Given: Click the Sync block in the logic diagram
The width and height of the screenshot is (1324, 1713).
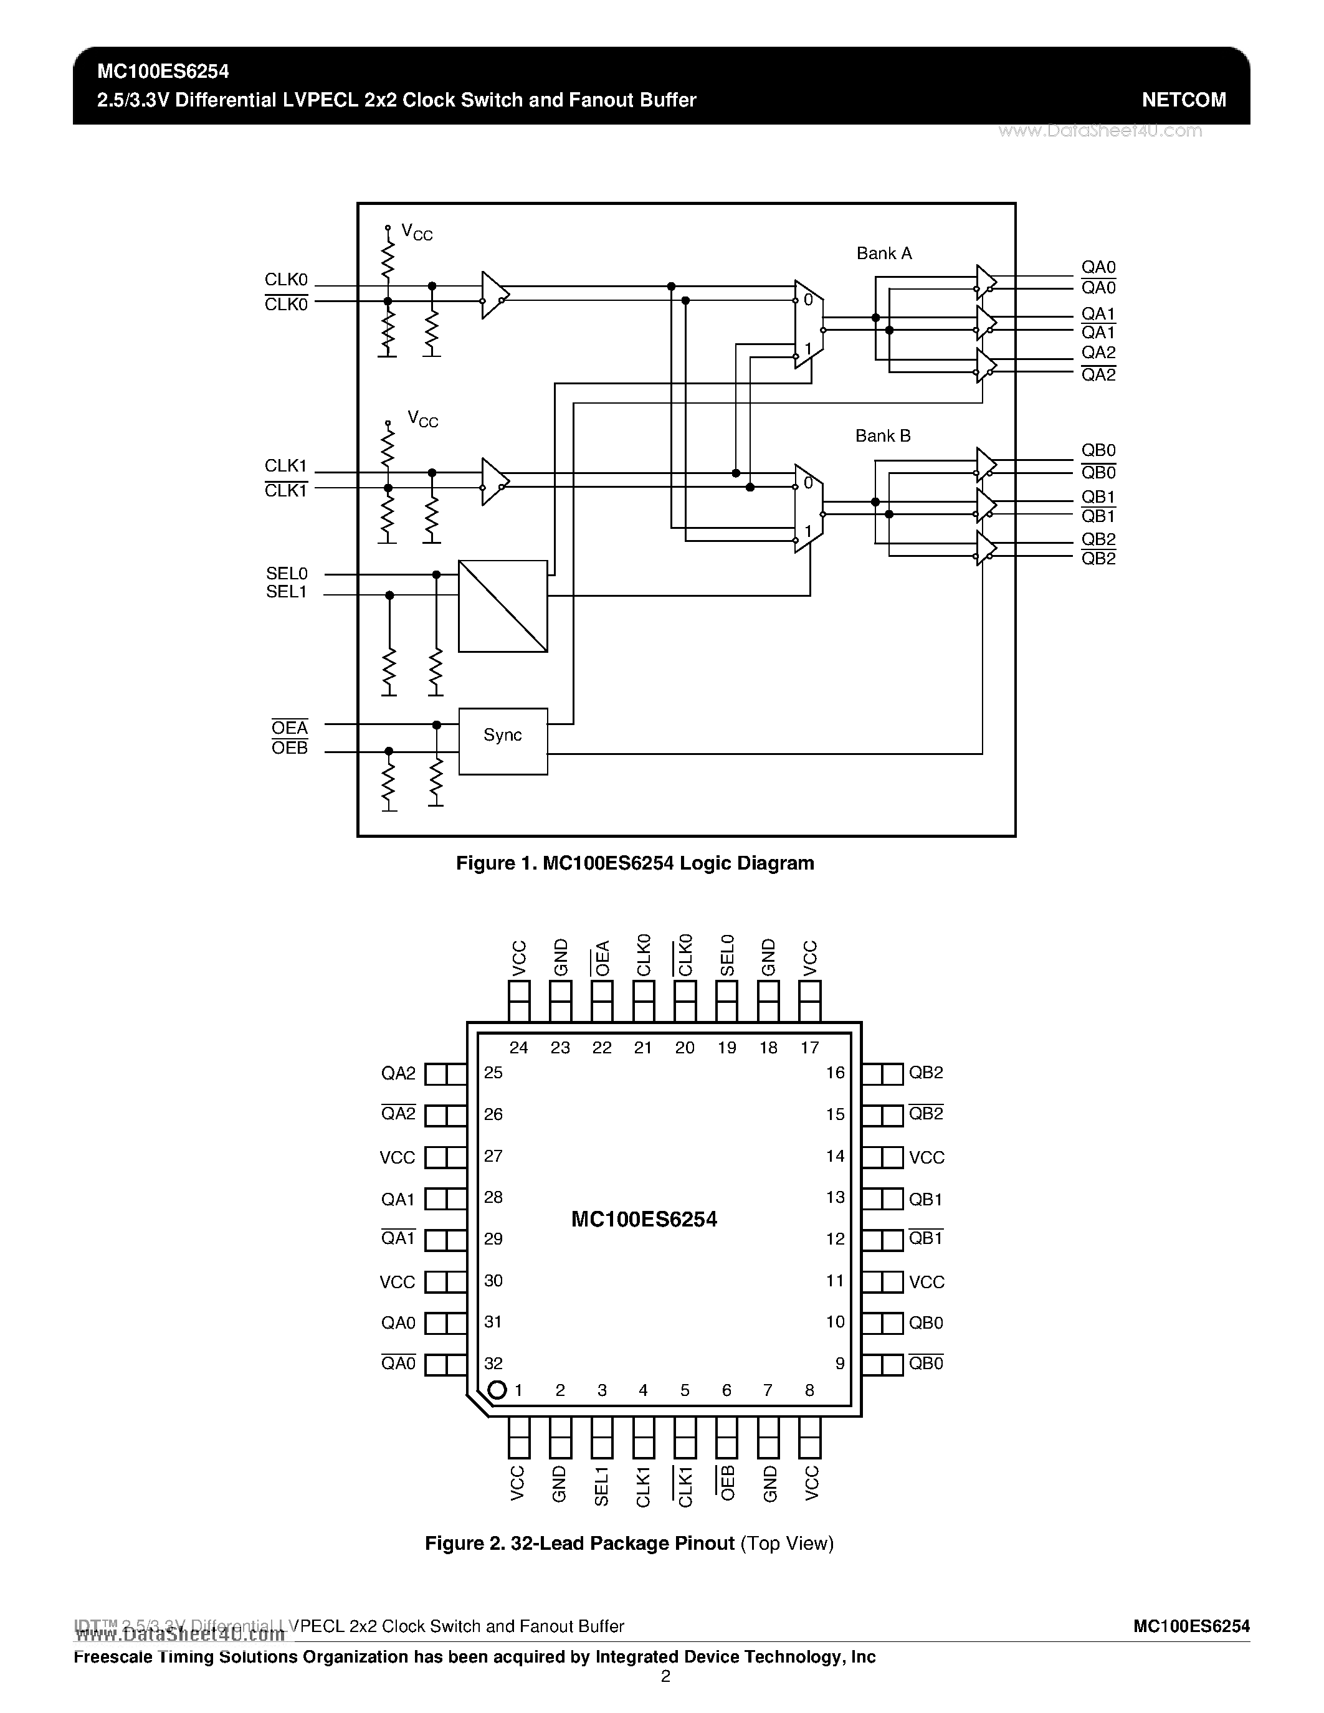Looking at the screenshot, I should pyautogui.click(x=503, y=741).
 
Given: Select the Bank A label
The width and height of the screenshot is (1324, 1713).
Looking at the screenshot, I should pyautogui.click(x=884, y=254).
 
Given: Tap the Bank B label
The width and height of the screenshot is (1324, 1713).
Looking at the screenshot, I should pyautogui.click(x=882, y=435).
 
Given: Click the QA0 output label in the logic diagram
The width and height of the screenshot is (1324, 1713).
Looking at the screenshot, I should pyautogui.click(x=1098, y=267).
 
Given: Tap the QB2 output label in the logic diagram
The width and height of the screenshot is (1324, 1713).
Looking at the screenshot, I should pyautogui.click(x=1098, y=539).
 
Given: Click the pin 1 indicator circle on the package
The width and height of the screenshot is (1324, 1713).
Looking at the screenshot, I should pyautogui.click(x=497, y=1390).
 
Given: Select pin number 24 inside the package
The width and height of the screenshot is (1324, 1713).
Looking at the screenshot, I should pyautogui.click(x=518, y=1048).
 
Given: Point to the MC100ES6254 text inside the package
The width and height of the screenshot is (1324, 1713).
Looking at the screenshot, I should pyautogui.click(x=644, y=1219).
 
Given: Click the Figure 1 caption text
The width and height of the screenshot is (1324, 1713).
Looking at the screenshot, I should pyautogui.click(x=634, y=863).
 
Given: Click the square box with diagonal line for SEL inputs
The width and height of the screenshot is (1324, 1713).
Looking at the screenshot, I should pyautogui.click(x=503, y=605).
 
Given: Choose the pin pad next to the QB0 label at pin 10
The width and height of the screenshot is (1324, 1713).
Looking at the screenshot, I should pyautogui.click(x=882, y=1323).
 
